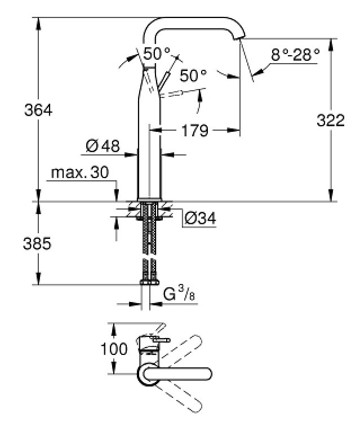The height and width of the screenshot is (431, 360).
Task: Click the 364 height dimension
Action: tap(38, 110)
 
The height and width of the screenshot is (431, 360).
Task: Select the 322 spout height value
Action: tap(331, 121)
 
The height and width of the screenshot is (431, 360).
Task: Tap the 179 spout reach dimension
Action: tap(195, 130)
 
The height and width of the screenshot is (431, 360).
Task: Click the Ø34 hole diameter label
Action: tap(201, 219)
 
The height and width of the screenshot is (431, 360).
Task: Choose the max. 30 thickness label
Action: tap(80, 172)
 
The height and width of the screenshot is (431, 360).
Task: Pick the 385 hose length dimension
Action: tap(37, 243)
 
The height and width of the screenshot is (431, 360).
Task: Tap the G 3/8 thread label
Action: tap(179, 294)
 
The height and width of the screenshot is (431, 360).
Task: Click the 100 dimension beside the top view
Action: tap(114, 349)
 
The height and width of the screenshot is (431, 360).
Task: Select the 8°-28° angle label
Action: tap(295, 55)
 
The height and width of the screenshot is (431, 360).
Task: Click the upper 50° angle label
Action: tap(157, 54)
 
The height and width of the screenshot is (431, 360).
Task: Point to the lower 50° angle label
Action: tap(193, 75)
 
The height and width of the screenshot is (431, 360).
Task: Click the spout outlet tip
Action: tap(238, 38)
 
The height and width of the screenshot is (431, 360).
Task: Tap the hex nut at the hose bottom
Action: tap(149, 282)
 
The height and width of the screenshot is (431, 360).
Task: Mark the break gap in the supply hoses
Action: tap(149, 256)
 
